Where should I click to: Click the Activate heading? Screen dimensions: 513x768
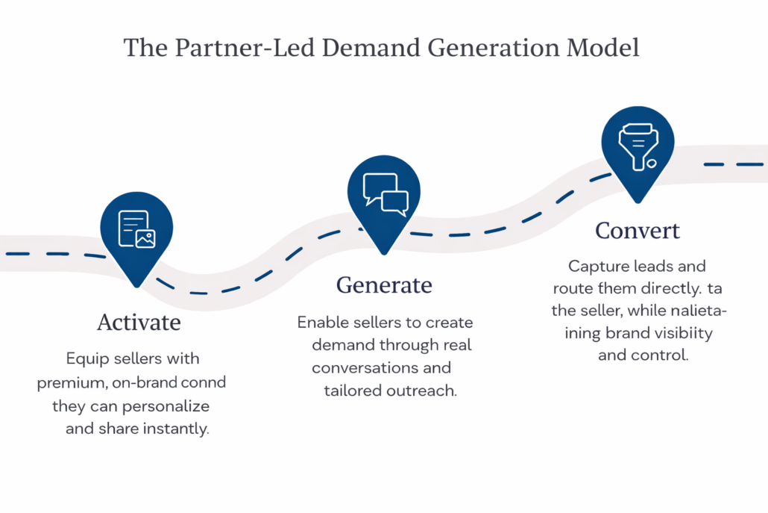(139, 323)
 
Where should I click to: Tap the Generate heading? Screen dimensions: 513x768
(384, 285)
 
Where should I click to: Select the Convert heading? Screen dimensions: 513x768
(638, 231)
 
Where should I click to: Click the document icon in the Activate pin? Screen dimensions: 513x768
(136, 228)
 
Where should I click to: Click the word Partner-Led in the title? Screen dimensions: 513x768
(218, 48)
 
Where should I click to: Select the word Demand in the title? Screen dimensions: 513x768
(334, 48)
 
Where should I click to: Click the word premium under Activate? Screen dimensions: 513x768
(66, 383)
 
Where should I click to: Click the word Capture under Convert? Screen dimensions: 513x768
(595, 267)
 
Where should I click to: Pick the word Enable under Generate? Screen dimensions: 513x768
(322, 323)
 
